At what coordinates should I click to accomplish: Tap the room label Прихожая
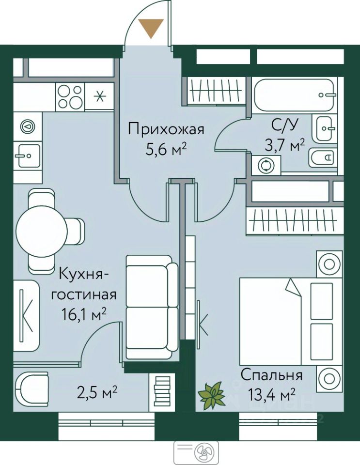[x=166, y=130]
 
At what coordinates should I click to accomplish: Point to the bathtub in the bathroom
[x=295, y=95]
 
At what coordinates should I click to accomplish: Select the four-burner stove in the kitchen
[x=70, y=97]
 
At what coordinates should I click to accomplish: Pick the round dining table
[x=42, y=231]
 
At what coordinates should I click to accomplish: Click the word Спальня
[x=271, y=375]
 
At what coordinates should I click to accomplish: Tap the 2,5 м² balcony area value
[x=97, y=393]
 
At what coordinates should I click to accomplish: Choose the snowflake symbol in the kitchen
[x=100, y=96]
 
